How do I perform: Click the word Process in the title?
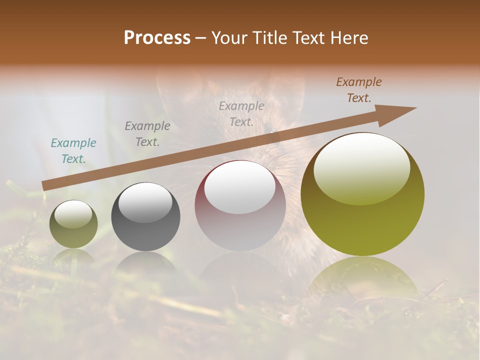(157, 38)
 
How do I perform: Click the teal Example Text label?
(73, 150)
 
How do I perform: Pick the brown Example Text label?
(359, 90)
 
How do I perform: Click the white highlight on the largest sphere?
(362, 167)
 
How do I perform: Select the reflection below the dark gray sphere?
(145, 262)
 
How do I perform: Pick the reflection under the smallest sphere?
(73, 256)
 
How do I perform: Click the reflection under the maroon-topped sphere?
(240, 267)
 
